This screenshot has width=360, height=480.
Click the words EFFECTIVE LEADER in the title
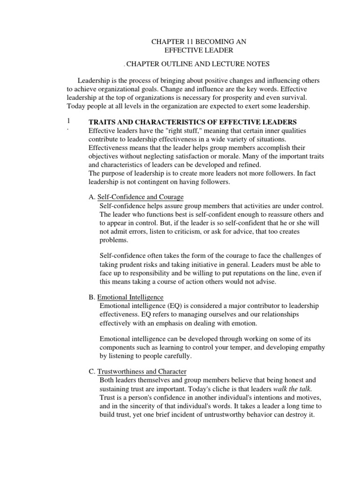click(x=199, y=51)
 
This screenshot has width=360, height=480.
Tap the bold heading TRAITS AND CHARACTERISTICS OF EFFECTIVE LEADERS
click(x=193, y=122)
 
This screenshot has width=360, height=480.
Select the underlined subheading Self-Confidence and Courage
click(x=140, y=196)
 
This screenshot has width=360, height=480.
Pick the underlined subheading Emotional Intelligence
click(x=130, y=297)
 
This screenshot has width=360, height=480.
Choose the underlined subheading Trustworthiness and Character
click(x=142, y=371)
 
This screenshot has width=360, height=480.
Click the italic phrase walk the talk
click(x=293, y=389)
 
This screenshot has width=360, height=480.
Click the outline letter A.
click(x=91, y=196)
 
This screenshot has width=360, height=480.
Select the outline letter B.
click(x=91, y=297)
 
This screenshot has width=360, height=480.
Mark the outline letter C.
click(x=91, y=371)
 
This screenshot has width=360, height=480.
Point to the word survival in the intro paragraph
click(x=294, y=97)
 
